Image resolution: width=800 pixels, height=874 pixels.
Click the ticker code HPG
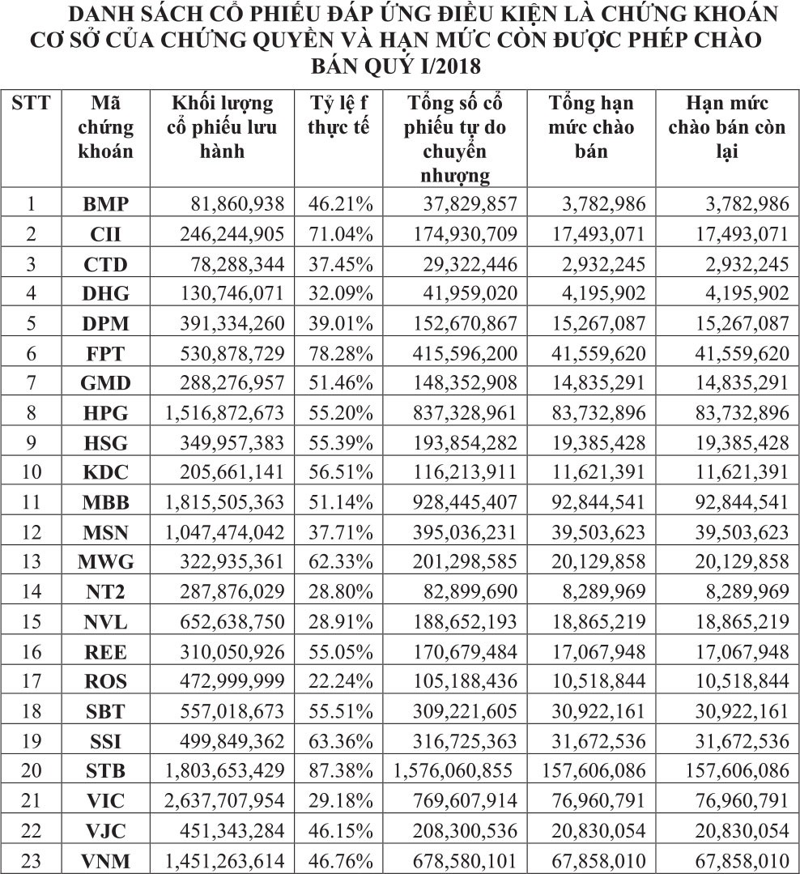106,412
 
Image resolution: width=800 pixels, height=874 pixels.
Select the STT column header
32,104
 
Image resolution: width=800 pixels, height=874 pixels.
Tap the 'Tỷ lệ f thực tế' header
340,116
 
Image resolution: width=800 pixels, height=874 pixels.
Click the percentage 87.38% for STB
340,771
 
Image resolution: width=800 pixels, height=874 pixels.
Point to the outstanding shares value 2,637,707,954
225,801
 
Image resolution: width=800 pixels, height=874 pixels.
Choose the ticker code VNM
106,861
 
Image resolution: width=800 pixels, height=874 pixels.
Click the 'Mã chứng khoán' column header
106,127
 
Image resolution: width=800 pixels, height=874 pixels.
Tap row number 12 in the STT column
32,532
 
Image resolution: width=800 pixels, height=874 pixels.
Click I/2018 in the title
452,64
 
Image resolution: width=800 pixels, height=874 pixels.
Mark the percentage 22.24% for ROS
340,681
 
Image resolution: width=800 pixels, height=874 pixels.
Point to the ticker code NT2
106,592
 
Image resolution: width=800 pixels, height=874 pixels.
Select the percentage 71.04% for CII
340,233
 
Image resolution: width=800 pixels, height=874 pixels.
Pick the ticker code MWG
106,562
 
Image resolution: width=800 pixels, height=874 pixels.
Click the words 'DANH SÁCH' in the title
127,15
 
